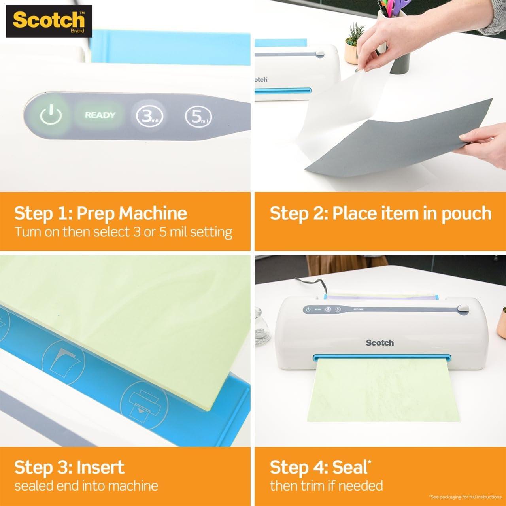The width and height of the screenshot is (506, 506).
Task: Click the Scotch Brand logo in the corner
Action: (49, 21)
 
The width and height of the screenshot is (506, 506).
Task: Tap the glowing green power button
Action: (51, 115)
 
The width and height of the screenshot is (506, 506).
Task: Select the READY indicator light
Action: (100, 115)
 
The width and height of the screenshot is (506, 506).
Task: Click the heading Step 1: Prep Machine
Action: (100, 213)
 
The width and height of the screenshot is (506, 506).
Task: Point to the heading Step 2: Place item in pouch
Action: (380, 213)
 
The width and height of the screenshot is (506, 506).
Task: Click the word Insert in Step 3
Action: (100, 467)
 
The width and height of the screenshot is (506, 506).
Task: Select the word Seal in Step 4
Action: (349, 467)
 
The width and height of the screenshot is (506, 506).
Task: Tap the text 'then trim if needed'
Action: (326, 485)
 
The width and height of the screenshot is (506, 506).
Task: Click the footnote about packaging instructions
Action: (465, 497)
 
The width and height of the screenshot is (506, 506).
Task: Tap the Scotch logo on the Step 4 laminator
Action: (379, 342)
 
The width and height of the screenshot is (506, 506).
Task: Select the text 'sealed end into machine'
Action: (86, 485)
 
